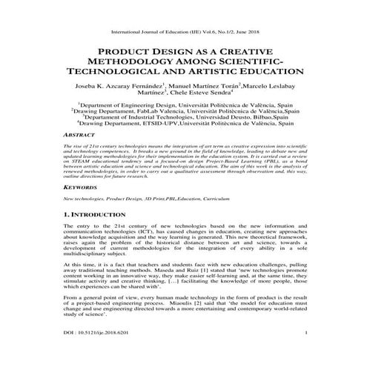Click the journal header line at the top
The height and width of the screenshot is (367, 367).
[182, 33]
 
